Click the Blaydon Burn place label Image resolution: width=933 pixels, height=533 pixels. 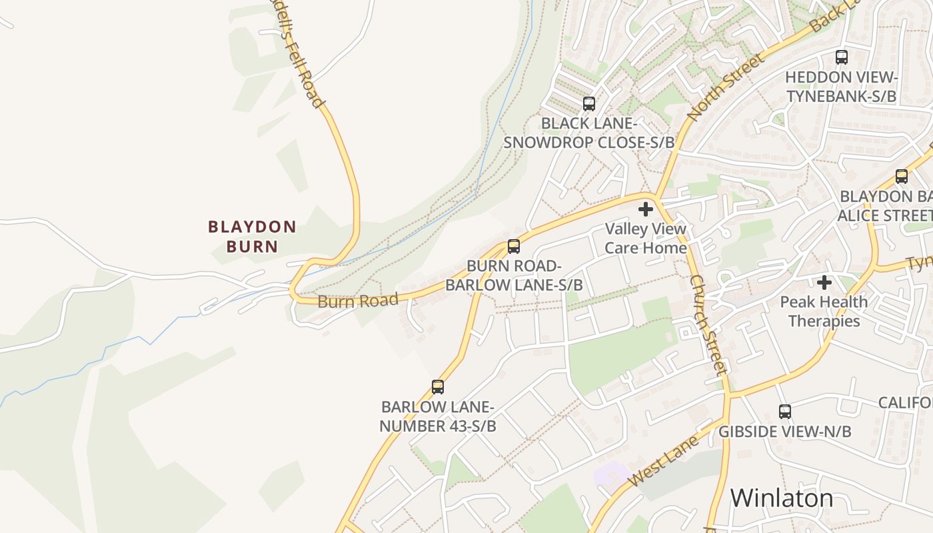[x=252, y=237]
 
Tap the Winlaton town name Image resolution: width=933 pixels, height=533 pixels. [x=781, y=498]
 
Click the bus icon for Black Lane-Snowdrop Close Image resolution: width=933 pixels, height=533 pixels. [x=589, y=104]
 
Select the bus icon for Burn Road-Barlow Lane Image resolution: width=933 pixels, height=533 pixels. [x=514, y=247]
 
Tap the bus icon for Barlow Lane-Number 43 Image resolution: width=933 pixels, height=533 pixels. [x=438, y=387]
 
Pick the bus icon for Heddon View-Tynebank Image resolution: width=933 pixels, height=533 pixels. [x=842, y=57]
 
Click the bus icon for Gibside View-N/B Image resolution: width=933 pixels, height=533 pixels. [x=785, y=412]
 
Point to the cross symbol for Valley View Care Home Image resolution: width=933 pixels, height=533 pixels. [x=645, y=210]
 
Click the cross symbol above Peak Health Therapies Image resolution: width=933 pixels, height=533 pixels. [x=824, y=282]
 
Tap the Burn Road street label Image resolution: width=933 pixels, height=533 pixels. [x=358, y=300]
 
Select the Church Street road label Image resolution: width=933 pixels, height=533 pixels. [x=707, y=325]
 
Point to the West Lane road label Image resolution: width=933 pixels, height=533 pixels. [x=663, y=459]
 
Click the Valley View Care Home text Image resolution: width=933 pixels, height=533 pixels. [x=645, y=239]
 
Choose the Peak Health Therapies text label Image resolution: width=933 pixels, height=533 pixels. [x=824, y=311]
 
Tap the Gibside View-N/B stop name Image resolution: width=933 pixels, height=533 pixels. [x=784, y=432]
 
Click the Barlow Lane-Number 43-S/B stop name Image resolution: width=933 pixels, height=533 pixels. [x=438, y=416]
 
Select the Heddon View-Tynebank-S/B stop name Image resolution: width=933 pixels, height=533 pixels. [x=841, y=87]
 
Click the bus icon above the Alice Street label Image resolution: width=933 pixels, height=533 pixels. [x=902, y=177]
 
